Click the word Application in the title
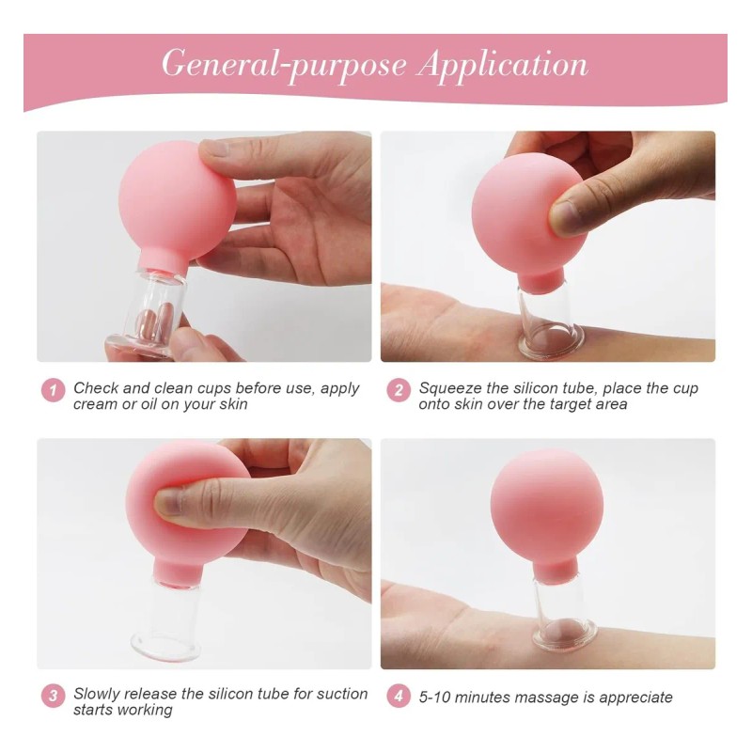click(x=503, y=64)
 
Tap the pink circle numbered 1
click(x=53, y=390)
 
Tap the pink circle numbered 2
click(x=399, y=390)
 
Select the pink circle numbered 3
click(x=53, y=697)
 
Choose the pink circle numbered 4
click(x=399, y=697)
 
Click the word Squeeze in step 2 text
click(x=451, y=388)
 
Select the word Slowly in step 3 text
click(x=98, y=694)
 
